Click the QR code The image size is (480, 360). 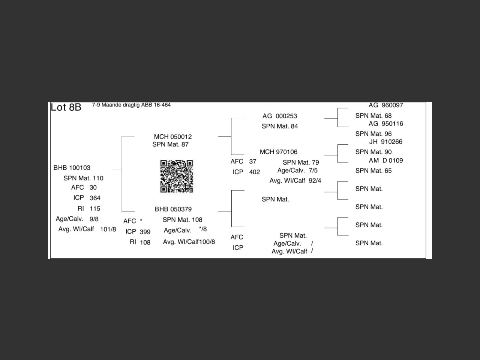pyautogui.click(x=177, y=176)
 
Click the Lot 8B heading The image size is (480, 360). pyautogui.click(x=66, y=107)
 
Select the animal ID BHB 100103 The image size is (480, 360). pyautogui.click(x=72, y=168)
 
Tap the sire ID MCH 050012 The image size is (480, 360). pyautogui.click(x=172, y=136)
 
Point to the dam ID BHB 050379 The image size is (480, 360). pyautogui.click(x=173, y=209)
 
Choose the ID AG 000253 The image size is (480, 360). pyautogui.click(x=280, y=116)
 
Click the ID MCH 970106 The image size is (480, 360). pyautogui.click(x=279, y=152)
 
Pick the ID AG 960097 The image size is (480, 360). pyautogui.click(x=385, y=105)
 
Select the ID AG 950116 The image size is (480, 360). pyautogui.click(x=385, y=123)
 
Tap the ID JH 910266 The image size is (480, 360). pyautogui.click(x=385, y=142)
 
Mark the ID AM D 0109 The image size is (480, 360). pyautogui.click(x=385, y=160)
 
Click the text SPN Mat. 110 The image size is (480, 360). pyautogui.click(x=83, y=178)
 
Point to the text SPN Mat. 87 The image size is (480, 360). pyautogui.click(x=170, y=144)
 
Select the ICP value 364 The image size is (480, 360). pyautogui.click(x=95, y=198)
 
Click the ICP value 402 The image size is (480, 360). pyautogui.click(x=254, y=172)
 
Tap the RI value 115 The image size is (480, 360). pyautogui.click(x=95, y=208)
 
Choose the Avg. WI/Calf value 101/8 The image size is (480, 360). pyautogui.click(x=108, y=229)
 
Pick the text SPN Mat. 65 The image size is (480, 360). pyautogui.click(x=373, y=171)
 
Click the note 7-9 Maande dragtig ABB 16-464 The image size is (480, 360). pyautogui.click(x=131, y=105)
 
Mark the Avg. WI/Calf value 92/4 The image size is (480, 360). pyautogui.click(x=315, y=181)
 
